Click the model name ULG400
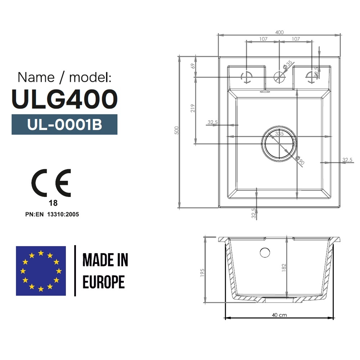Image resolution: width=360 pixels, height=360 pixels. [64, 99]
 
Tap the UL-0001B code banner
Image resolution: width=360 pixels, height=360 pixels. [64, 125]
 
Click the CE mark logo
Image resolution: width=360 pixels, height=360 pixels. [51, 183]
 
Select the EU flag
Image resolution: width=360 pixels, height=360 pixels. [41, 271]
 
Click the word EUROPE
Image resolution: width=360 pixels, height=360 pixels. [104, 282]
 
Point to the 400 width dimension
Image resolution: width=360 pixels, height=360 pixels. [279, 32]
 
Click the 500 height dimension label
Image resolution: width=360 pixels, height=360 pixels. [176, 130]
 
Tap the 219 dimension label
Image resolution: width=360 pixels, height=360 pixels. [193, 108]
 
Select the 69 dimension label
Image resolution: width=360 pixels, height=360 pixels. [193, 66]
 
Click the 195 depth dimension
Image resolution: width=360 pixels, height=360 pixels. [202, 273]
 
